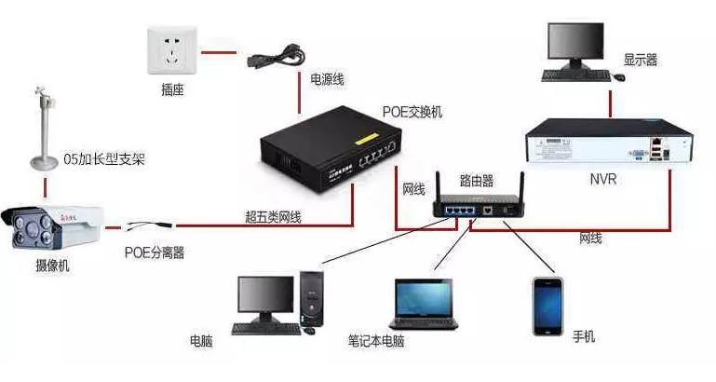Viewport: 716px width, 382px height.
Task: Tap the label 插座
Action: (x=173, y=91)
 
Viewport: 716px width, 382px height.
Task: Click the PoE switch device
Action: (x=331, y=150)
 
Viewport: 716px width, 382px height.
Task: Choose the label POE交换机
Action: (x=412, y=112)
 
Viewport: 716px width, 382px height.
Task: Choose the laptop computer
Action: (x=424, y=307)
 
